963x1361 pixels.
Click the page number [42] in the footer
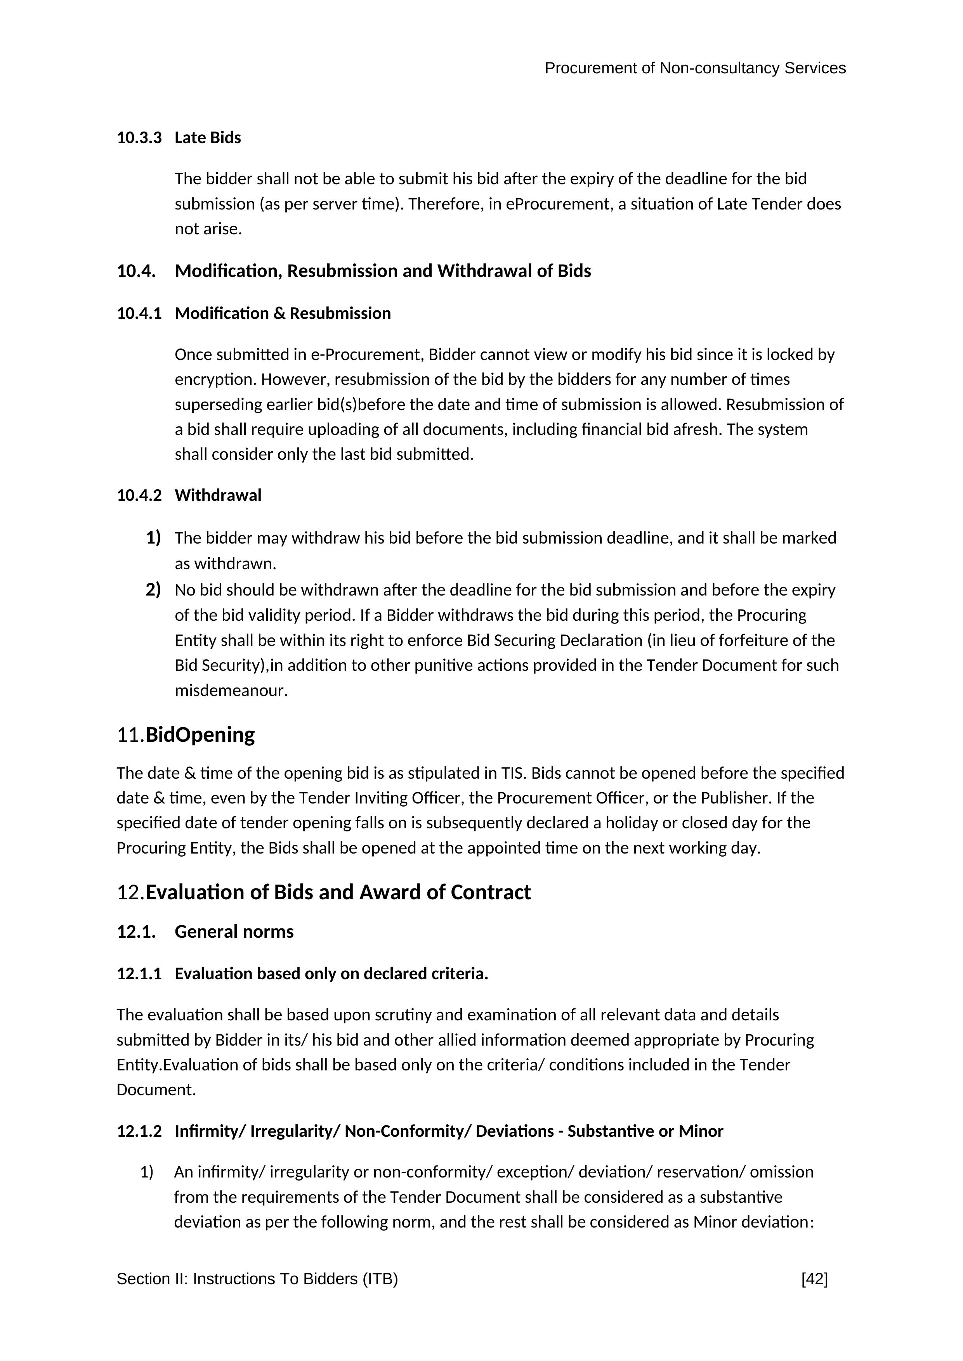pyautogui.click(x=814, y=1279)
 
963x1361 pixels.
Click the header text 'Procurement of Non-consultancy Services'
pyautogui.click(x=695, y=68)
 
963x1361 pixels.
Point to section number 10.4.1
pyautogui.click(x=139, y=313)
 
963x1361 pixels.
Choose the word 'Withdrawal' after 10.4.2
pyautogui.click(x=218, y=495)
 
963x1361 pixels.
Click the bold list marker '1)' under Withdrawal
pyautogui.click(x=153, y=538)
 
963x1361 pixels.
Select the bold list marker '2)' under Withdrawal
pyautogui.click(x=153, y=590)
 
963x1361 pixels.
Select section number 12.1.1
pyautogui.click(x=139, y=973)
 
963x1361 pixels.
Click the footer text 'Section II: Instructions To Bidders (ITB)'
pyautogui.click(x=257, y=1279)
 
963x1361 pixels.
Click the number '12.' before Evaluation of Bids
pyautogui.click(x=130, y=892)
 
